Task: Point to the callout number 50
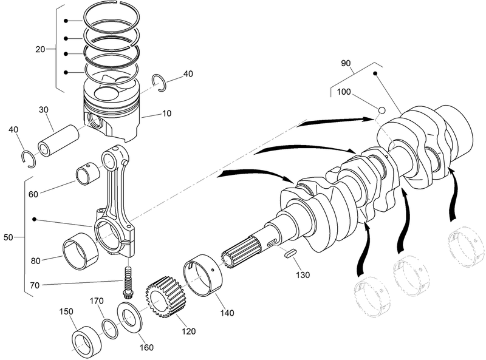9,237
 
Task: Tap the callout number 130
303,275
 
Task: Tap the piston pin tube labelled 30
58,140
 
